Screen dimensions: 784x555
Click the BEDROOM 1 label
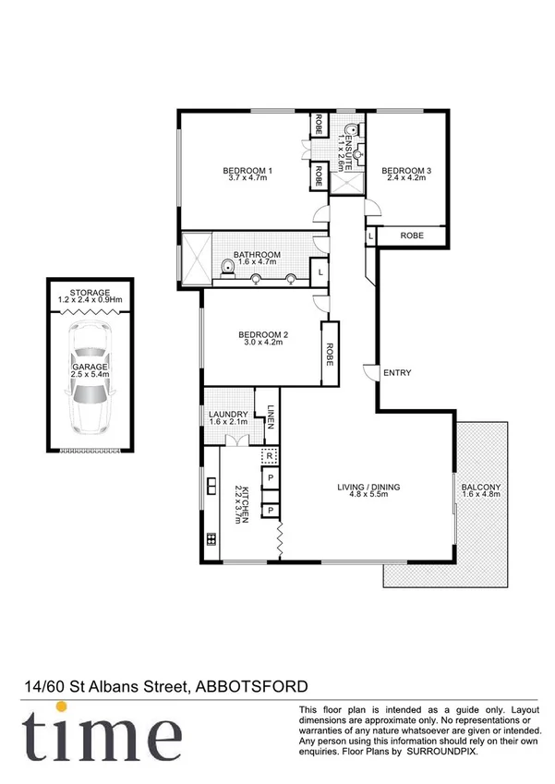(x=247, y=171)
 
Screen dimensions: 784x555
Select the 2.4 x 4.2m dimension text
(x=406, y=179)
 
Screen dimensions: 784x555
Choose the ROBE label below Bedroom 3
(x=412, y=236)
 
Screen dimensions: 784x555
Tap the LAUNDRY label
(x=224, y=414)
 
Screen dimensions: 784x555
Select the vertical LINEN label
(x=271, y=416)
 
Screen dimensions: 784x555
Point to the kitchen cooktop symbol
(x=211, y=539)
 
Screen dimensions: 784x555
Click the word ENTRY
(x=396, y=373)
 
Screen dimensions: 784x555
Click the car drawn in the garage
(x=90, y=388)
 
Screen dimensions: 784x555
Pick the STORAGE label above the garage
(x=90, y=293)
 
